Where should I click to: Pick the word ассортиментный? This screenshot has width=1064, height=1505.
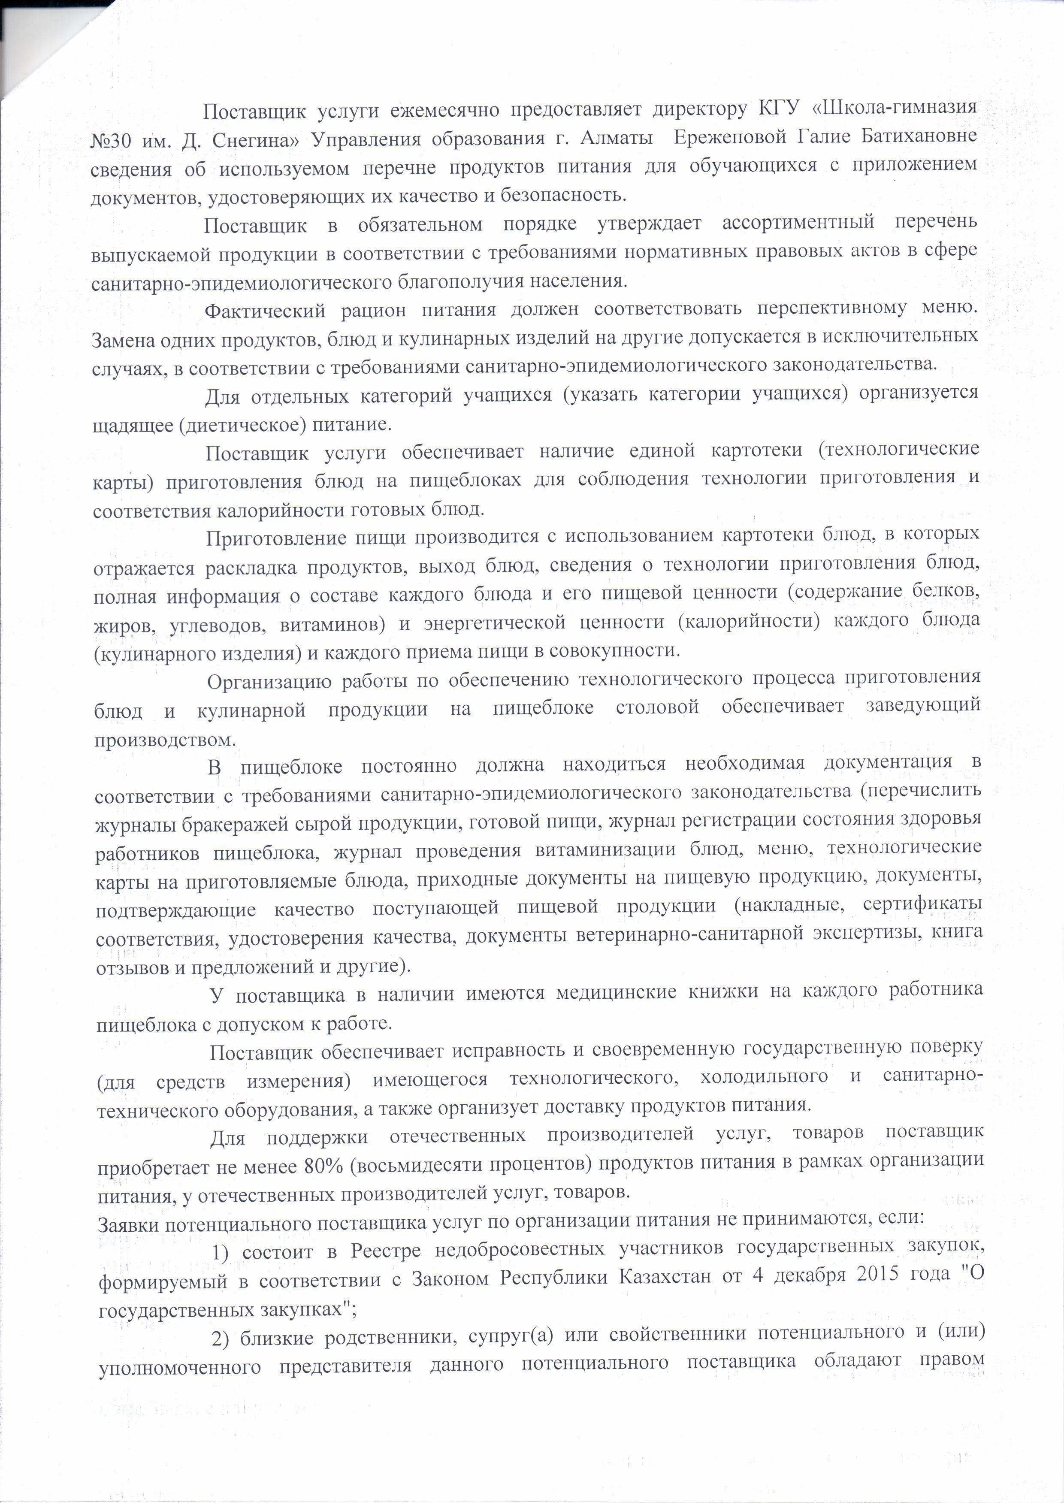[798, 223]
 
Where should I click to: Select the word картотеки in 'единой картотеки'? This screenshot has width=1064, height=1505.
[756, 450]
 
